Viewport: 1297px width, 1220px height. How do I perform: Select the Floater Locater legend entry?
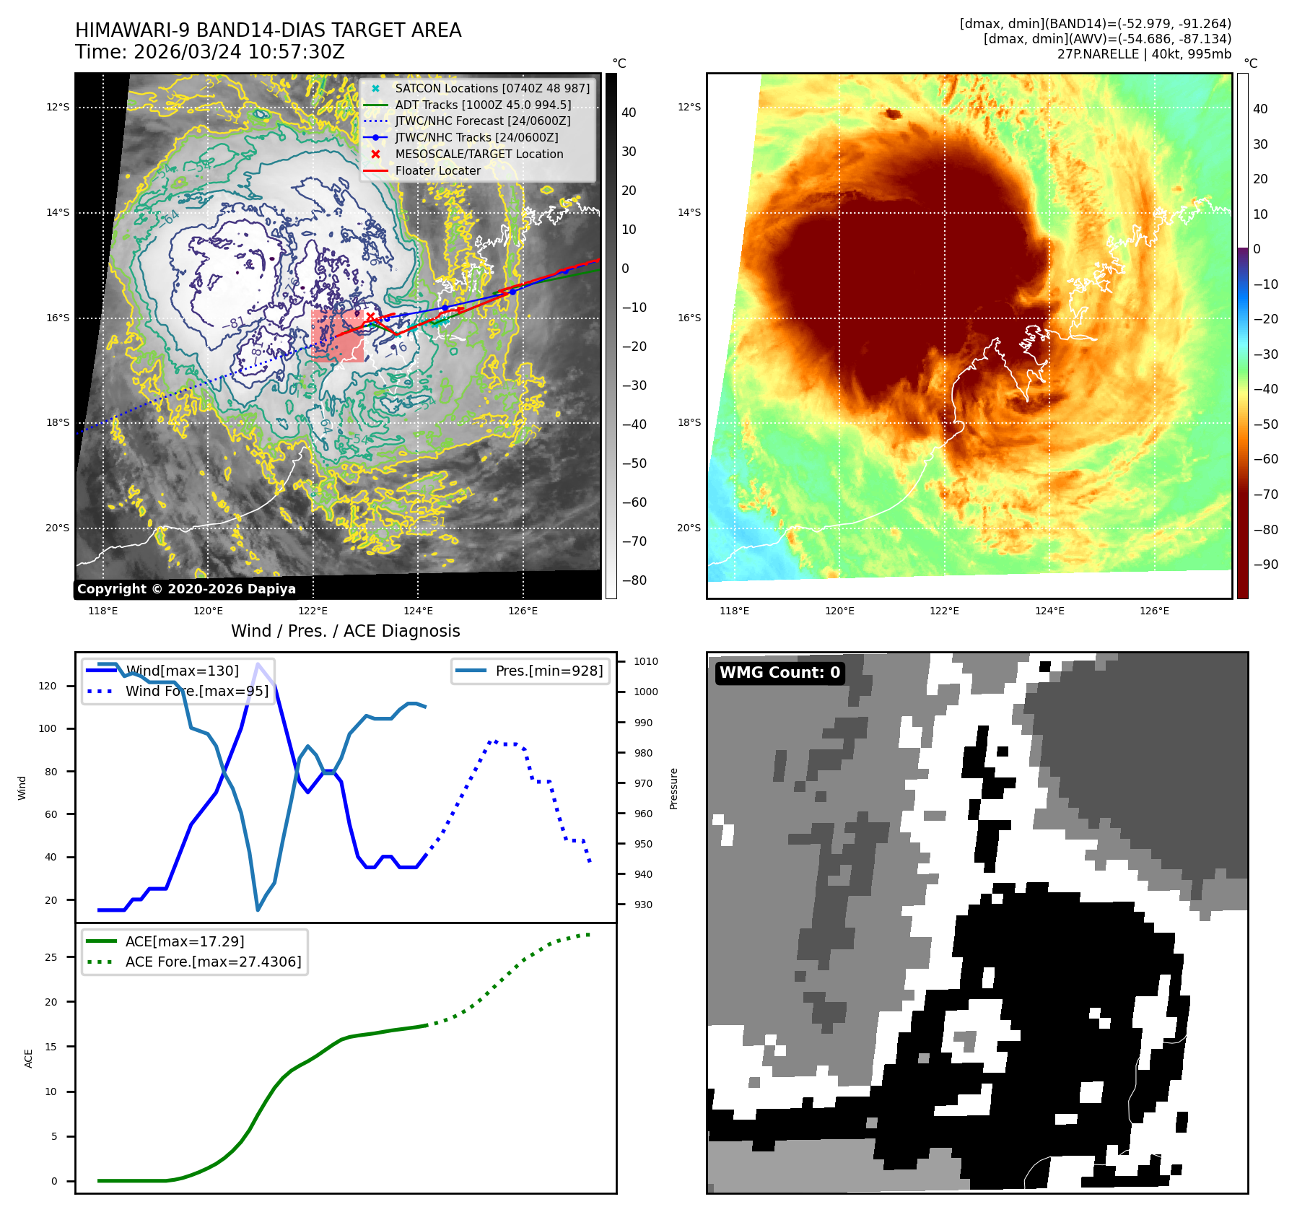click(x=437, y=170)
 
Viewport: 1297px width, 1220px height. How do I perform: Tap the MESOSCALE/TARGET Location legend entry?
click(x=479, y=154)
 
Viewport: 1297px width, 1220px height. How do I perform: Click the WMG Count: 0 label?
click(x=779, y=673)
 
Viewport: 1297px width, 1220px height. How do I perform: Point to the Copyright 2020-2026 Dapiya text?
click(x=186, y=589)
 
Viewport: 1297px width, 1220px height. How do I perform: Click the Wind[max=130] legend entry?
click(x=182, y=671)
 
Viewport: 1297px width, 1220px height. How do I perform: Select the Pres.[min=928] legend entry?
click(x=549, y=671)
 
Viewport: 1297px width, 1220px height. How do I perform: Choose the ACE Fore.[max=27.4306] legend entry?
click(x=213, y=962)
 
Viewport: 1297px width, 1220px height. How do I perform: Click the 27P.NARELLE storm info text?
click(x=1144, y=54)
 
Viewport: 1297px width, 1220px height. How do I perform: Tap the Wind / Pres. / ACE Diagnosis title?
click(x=345, y=631)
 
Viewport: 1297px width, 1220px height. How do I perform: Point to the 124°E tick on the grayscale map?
click(x=418, y=611)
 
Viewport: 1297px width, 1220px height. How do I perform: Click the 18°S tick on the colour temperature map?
click(x=689, y=422)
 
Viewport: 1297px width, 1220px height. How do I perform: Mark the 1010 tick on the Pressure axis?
click(x=645, y=661)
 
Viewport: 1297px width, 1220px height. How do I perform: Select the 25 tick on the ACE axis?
click(x=51, y=957)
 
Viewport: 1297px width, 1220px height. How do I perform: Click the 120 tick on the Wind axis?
click(x=48, y=686)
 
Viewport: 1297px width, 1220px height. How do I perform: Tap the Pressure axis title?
click(x=673, y=788)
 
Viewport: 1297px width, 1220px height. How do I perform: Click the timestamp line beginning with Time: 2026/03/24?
click(x=209, y=52)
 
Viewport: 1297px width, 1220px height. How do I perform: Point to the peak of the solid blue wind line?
click(x=258, y=663)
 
